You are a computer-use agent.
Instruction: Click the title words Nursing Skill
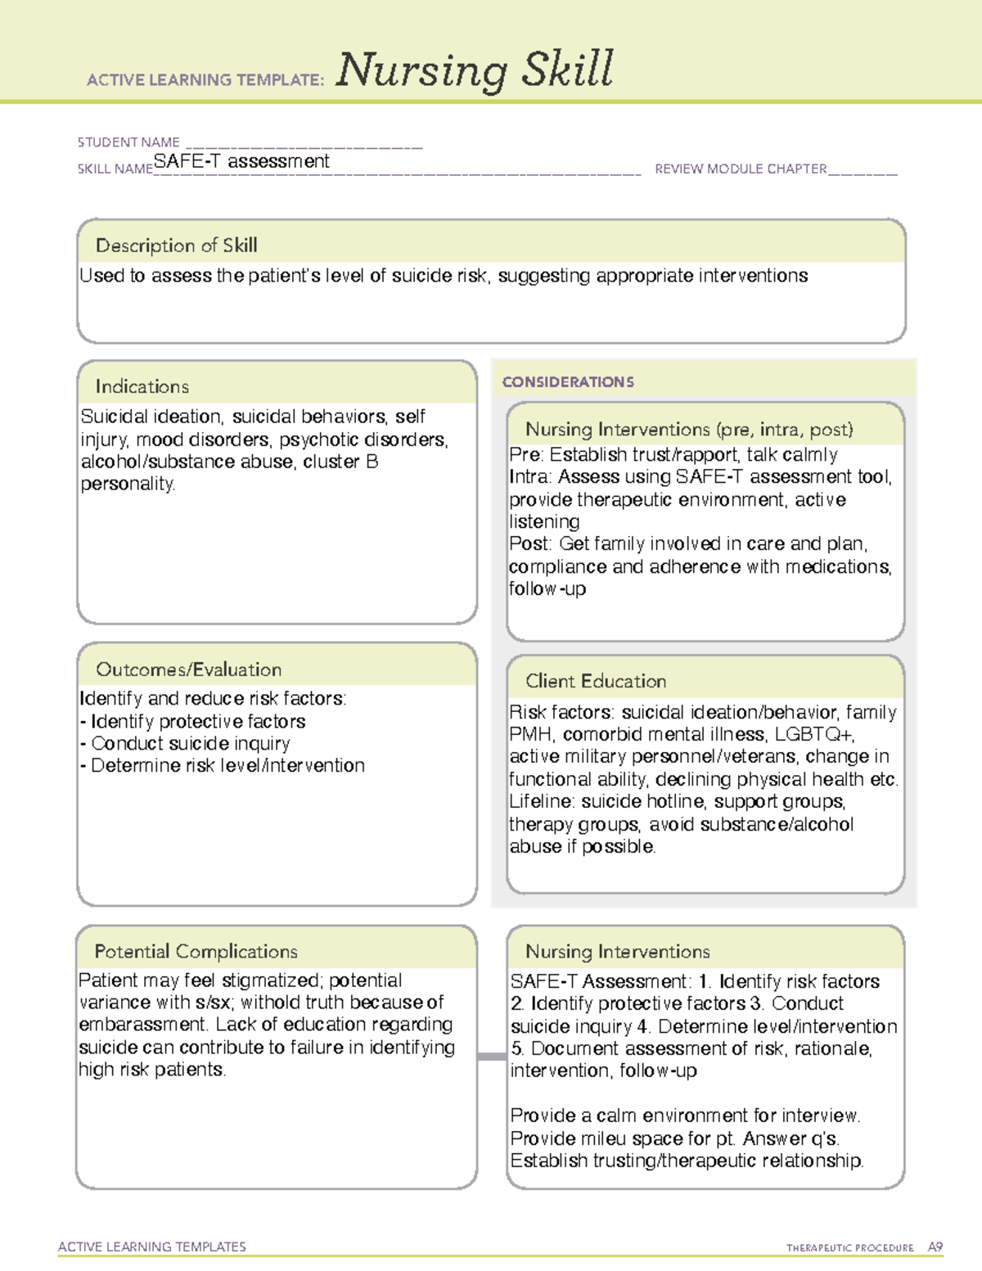(474, 70)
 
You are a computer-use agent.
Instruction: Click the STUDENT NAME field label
(128, 142)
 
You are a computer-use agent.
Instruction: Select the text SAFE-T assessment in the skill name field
(241, 161)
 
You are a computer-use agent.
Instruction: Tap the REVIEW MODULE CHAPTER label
(741, 169)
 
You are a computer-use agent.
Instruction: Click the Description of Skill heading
(176, 246)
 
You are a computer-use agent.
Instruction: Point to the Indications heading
(142, 386)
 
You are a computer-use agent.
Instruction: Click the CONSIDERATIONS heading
(568, 382)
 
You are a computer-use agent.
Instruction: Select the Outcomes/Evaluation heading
(188, 669)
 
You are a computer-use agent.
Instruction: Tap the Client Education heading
(596, 681)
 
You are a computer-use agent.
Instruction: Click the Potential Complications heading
(196, 952)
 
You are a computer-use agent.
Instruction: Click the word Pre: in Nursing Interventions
(526, 455)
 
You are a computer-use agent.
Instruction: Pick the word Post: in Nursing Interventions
(530, 544)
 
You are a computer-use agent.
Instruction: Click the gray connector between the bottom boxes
(492, 1057)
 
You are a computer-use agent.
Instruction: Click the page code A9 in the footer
(935, 1247)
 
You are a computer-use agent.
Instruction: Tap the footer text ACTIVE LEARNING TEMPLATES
(152, 1246)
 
